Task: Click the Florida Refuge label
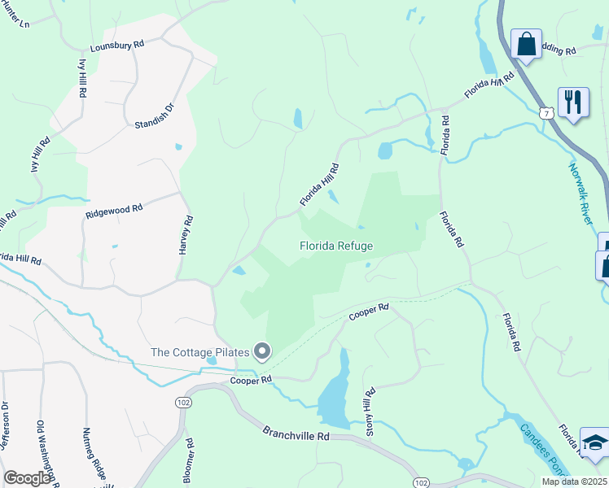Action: (336, 246)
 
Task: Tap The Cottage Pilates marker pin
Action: (262, 351)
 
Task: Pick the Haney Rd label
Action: (186, 235)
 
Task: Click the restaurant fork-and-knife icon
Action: (573, 102)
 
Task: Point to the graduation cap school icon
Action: (594, 442)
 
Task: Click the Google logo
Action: (27, 478)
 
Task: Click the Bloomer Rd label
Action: (188, 461)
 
